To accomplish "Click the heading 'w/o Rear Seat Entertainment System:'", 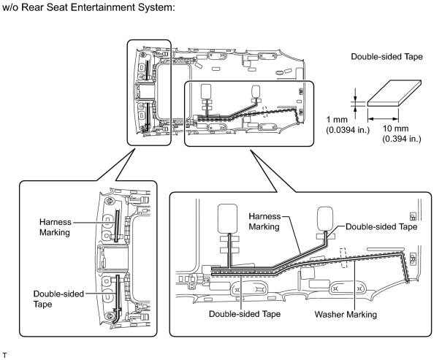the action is pyautogui.click(x=88, y=7).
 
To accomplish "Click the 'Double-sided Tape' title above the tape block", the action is pyautogui.click(x=386, y=57).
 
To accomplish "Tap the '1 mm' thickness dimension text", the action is pyautogui.click(x=337, y=120).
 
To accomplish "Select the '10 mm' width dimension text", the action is pyautogui.click(x=395, y=129).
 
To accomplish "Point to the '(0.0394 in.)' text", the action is pyautogui.click(x=348, y=130).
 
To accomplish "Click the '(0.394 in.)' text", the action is pyautogui.click(x=402, y=139).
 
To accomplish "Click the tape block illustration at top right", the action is pyautogui.click(x=395, y=93).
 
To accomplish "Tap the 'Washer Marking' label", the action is pyautogui.click(x=346, y=315).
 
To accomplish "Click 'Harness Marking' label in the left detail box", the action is pyautogui.click(x=56, y=227).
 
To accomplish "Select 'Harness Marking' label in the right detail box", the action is pyautogui.click(x=264, y=221).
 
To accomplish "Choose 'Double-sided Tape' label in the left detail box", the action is pyautogui.click(x=58, y=299).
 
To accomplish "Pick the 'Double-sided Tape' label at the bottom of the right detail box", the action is pyautogui.click(x=245, y=314).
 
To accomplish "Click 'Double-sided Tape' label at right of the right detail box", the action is pyautogui.click(x=381, y=227).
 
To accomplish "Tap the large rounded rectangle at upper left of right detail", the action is pyautogui.click(x=227, y=218).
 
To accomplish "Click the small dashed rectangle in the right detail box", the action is pyautogui.click(x=343, y=258).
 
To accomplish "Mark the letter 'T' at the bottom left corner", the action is pyautogui.click(x=4, y=355).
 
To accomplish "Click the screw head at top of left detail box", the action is pyautogui.click(x=109, y=201).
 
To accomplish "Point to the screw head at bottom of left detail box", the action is pyautogui.click(x=109, y=316).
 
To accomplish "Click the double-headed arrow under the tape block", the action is pyautogui.click(x=383, y=119).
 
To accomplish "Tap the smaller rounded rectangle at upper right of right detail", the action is pyautogui.click(x=325, y=218).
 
